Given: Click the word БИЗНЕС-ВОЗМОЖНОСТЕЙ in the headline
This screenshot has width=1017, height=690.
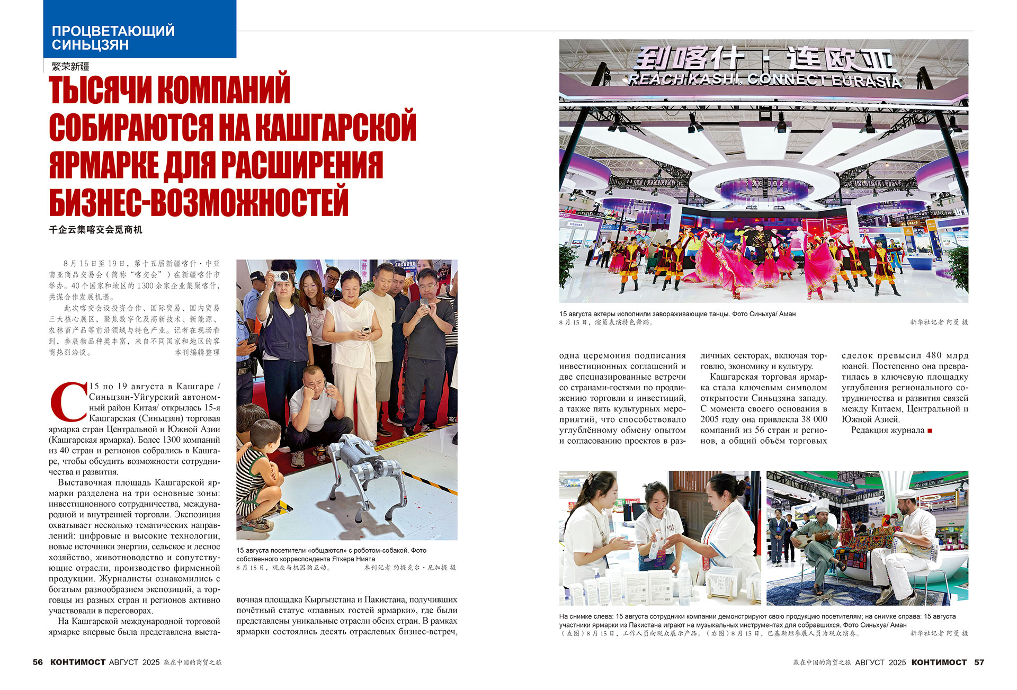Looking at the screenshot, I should coord(199,202).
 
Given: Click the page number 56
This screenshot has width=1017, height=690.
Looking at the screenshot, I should coord(38,662).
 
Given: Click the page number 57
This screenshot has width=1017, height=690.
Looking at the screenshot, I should coord(979,662).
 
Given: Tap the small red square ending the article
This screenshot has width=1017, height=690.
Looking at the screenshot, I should coord(930,431).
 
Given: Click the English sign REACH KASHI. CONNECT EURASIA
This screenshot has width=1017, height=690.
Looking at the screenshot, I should coord(764,80).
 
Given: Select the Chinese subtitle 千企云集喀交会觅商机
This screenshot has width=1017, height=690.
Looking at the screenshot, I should coord(95,230).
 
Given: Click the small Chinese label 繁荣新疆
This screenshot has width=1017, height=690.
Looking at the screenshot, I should coord(70,67).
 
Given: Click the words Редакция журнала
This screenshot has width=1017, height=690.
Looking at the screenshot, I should coord(888,430).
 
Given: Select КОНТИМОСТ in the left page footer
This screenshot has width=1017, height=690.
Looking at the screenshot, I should coord(78,662).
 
